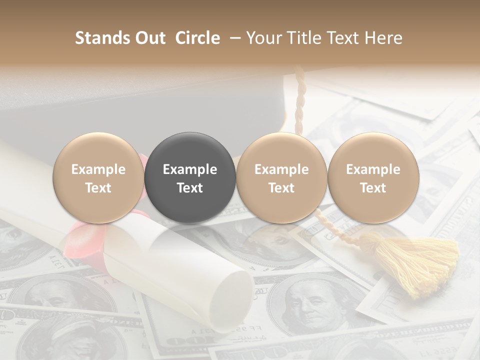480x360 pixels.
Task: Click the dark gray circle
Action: coord(190,177)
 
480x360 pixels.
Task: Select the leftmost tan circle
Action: coord(98,177)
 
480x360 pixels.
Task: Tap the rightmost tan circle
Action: coord(373,177)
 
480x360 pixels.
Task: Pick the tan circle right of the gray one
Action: coord(281,177)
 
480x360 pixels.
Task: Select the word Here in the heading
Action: coord(385,38)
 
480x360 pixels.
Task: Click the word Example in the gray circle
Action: coord(190,169)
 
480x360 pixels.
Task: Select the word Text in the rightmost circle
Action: coord(373,188)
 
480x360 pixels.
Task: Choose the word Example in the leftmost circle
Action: coord(98,169)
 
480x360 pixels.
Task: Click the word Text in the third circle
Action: coord(281,188)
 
